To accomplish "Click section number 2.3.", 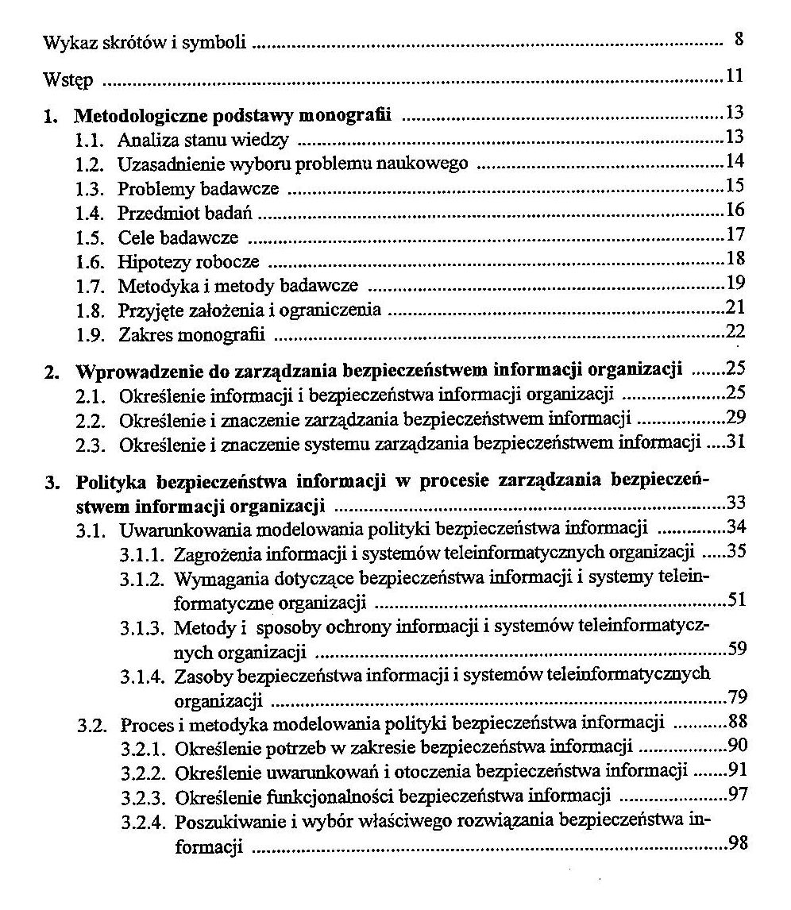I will pyautogui.click(x=91, y=442).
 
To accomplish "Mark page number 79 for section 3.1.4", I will pyautogui.click(x=737, y=699).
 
